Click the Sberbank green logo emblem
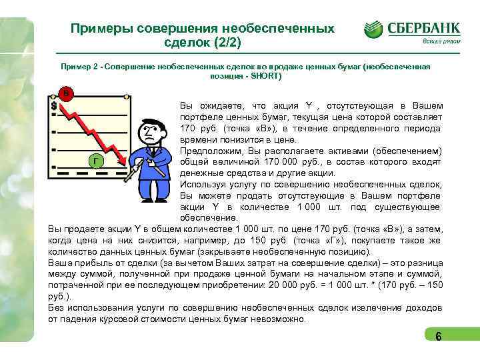pos(373,30)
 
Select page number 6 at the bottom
pos(438,337)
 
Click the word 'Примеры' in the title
pos(101,29)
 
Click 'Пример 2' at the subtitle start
pos(79,67)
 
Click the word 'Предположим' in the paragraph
pos(209,151)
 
